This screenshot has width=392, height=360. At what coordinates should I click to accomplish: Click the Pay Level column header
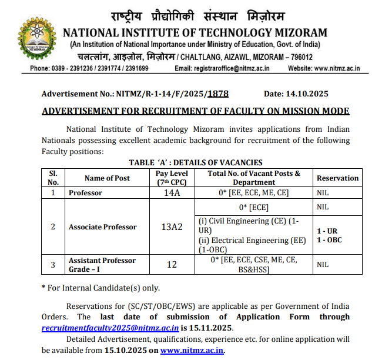point(172,178)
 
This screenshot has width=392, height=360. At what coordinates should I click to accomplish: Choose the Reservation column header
point(337,178)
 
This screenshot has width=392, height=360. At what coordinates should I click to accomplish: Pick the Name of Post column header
point(107,178)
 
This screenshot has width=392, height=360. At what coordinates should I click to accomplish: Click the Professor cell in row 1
point(85,193)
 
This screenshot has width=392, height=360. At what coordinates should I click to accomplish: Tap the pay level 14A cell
point(172,193)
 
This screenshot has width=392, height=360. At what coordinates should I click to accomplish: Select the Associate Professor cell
point(103,227)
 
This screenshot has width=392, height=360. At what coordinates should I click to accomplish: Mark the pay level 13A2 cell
point(172,227)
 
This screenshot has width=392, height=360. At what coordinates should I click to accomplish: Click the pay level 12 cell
point(172,265)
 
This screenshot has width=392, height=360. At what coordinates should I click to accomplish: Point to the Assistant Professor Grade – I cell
point(102,265)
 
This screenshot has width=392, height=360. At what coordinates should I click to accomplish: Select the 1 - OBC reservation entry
point(329,240)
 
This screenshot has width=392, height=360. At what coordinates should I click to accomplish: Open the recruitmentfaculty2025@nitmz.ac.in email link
point(110,328)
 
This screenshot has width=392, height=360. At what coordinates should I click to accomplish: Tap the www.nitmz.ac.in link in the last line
point(192,350)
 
